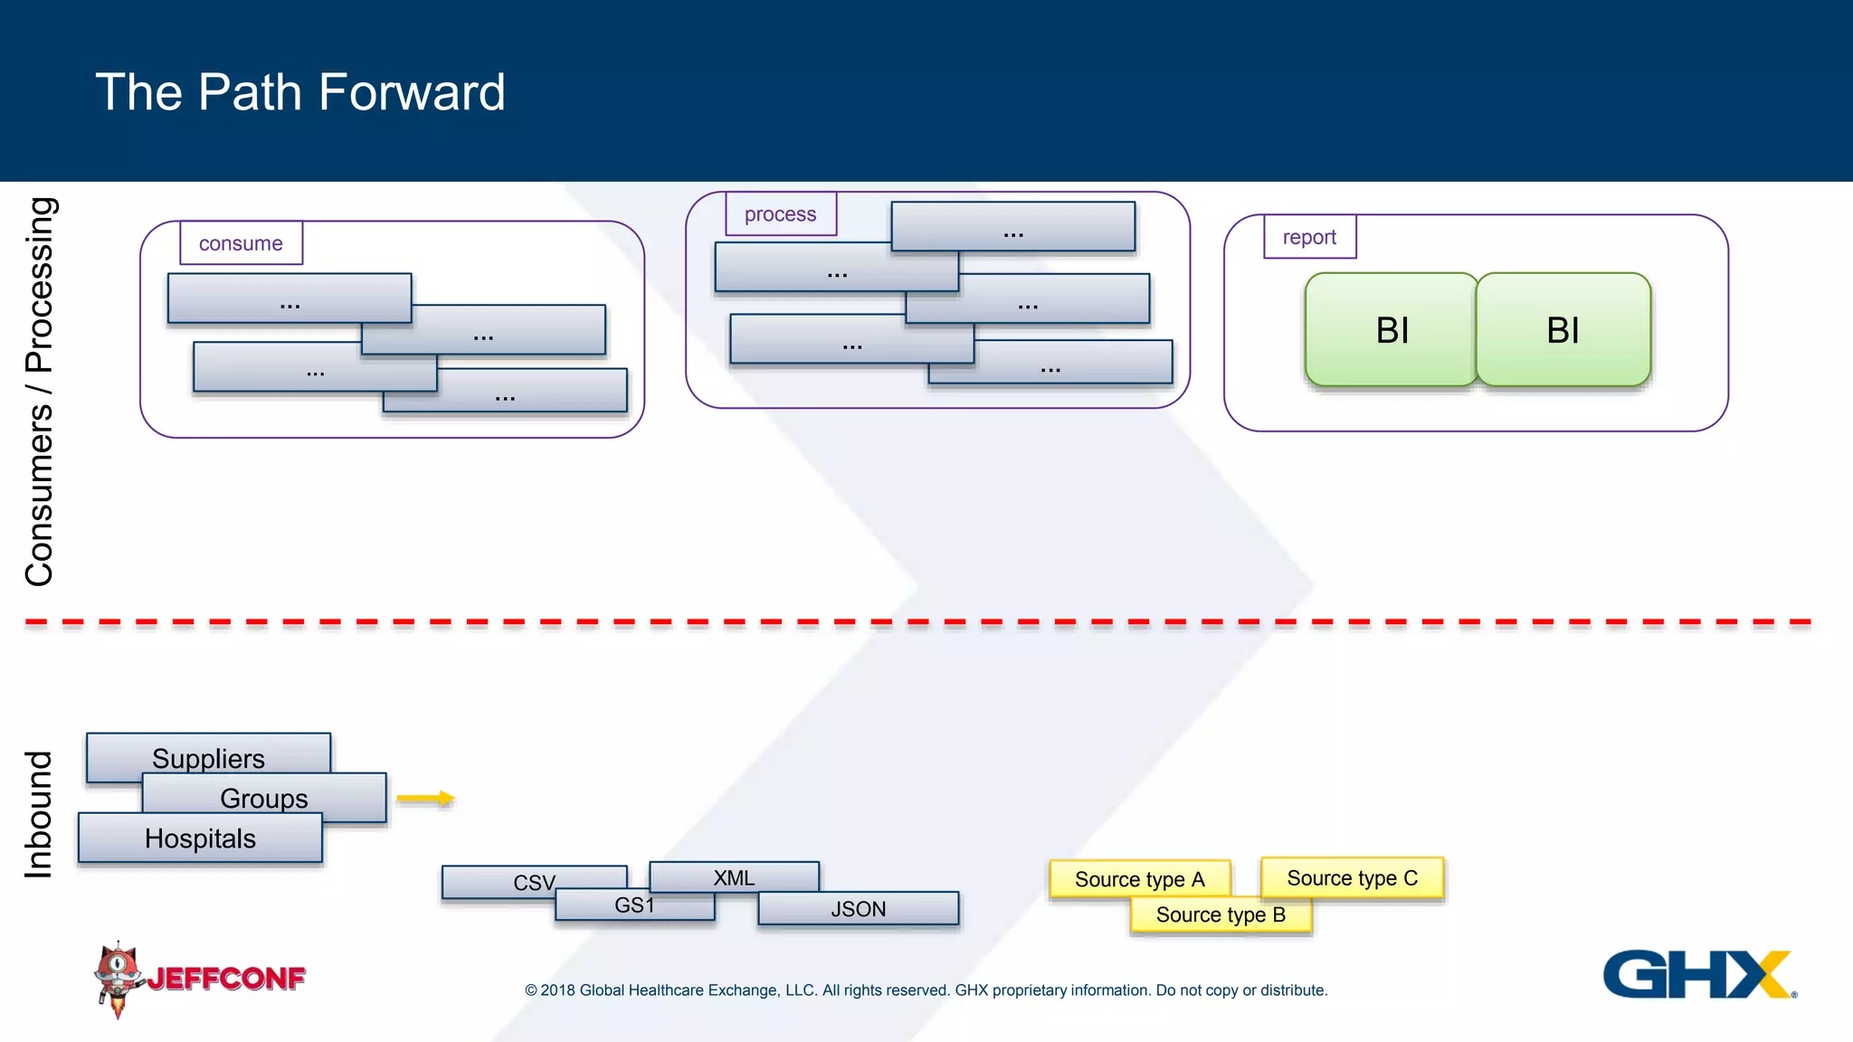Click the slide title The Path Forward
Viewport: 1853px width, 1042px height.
(299, 92)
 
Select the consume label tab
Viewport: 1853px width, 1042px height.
(241, 243)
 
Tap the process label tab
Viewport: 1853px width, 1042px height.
(780, 214)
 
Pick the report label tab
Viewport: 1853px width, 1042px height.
(1309, 237)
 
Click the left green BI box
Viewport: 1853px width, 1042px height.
(1391, 330)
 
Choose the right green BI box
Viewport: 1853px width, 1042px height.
(1563, 330)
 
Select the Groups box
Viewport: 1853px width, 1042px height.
(264, 798)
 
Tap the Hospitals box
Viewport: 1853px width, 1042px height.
(200, 838)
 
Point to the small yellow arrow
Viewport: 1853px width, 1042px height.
(425, 798)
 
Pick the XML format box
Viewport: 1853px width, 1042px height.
(734, 876)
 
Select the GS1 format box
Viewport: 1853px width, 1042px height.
(634, 905)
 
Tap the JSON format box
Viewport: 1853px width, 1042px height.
(858, 909)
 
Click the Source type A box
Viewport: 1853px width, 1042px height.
(1139, 878)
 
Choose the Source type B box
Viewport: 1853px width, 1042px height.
(1221, 914)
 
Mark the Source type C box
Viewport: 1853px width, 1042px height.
(1352, 877)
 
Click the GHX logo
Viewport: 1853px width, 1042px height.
(1697, 974)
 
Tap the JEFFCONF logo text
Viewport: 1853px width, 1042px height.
(226, 979)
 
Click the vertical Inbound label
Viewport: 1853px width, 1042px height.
(38, 814)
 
